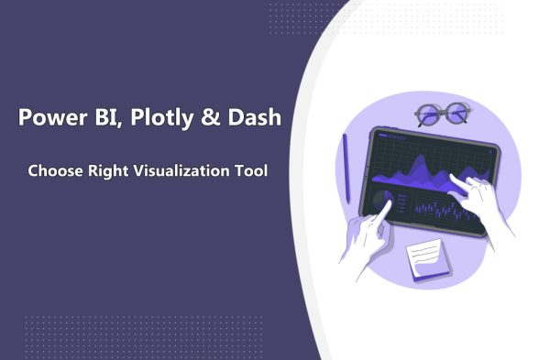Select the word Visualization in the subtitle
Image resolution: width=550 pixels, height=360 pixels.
[180, 170]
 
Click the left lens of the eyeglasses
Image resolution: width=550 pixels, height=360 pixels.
[428, 115]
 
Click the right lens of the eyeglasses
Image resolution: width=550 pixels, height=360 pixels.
[455, 114]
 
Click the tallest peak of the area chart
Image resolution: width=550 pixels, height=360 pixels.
[416, 163]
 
